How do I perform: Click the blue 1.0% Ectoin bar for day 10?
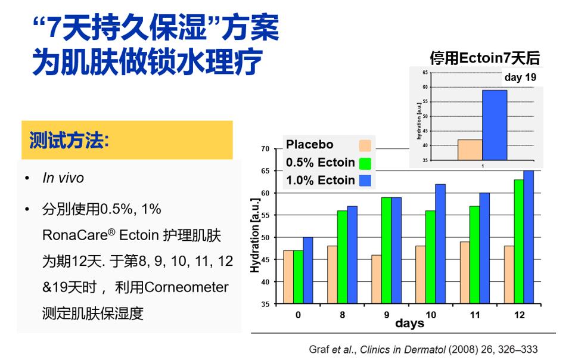coord(440,244)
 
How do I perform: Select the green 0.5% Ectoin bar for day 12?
coord(519,241)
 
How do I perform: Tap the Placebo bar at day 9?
coord(376,280)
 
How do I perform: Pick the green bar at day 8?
coord(342,257)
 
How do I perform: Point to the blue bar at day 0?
coord(307,271)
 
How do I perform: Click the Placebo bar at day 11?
coord(464,273)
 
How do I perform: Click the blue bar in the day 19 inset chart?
coord(495,125)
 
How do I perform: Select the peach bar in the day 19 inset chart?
coord(470,150)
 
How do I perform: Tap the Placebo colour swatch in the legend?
coord(365,145)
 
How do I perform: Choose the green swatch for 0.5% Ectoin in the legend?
coord(365,163)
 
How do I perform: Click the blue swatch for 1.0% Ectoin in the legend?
coord(365,181)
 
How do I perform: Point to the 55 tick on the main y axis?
coord(265,215)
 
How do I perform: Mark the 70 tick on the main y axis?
coord(265,148)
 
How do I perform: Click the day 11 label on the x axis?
coord(474,314)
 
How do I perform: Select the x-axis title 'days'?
coord(409,324)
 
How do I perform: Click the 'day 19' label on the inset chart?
coord(520,77)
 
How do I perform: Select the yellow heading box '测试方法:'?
coord(127,140)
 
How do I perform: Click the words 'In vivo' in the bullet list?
coord(63,178)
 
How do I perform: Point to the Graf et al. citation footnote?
coord(423,349)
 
